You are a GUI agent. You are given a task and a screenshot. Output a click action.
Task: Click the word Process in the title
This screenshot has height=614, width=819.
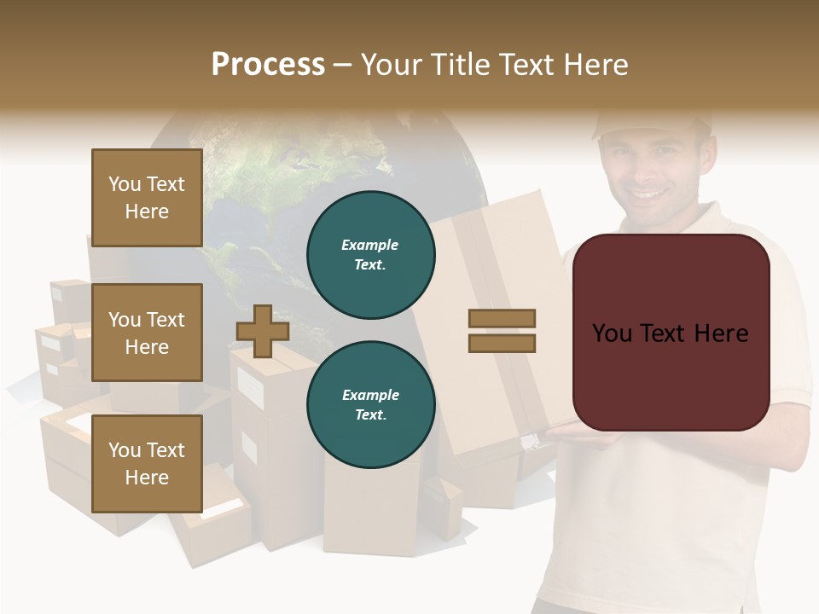(268, 65)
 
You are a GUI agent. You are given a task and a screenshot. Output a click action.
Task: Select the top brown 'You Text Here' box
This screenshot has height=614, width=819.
(147, 198)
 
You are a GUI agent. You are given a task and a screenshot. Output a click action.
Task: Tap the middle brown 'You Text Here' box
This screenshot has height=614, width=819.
(147, 333)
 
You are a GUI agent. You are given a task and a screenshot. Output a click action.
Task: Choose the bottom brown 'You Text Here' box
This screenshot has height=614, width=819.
(147, 463)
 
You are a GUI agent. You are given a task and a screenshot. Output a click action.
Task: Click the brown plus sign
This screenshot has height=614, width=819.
(263, 331)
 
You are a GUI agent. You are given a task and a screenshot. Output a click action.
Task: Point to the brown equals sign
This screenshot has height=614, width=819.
(502, 331)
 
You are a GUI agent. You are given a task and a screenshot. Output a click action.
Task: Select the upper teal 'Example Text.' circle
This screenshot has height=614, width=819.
(370, 255)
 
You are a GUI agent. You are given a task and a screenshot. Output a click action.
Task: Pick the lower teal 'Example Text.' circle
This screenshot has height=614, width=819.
(370, 405)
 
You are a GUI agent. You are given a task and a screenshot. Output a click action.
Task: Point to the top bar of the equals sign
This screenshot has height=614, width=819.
(502, 318)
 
